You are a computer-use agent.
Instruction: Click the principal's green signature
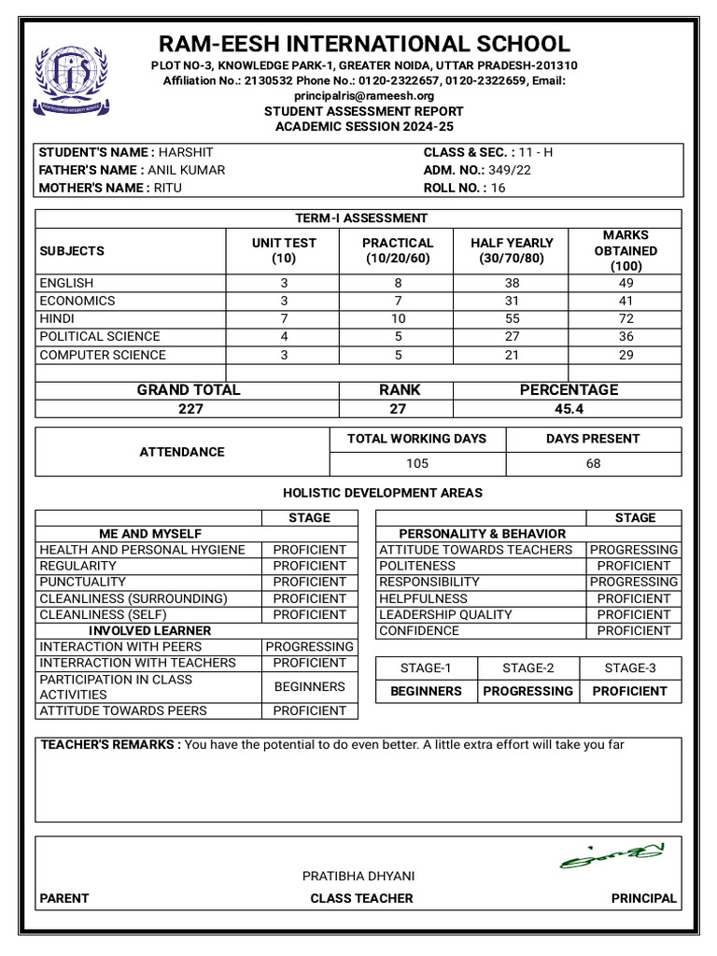pos(612,855)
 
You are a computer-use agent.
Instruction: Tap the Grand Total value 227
pos(190,408)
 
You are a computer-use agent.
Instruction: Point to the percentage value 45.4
pos(568,408)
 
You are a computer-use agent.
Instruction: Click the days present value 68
pos(593,463)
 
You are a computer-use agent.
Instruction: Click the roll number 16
pos(498,188)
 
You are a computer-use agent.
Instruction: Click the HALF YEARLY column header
pos(512,250)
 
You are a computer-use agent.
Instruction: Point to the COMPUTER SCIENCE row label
pos(103,355)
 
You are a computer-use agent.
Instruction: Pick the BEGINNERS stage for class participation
pos(309,686)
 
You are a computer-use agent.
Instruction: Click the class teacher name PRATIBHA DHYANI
pos(358,876)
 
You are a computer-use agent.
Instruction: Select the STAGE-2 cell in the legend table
pos(527,668)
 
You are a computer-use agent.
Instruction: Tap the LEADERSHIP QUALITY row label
pos(445,614)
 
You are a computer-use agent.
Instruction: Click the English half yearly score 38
pos(512,283)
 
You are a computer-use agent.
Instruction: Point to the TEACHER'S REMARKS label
pos(109,744)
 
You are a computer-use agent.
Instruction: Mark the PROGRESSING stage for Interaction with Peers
pos(309,646)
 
